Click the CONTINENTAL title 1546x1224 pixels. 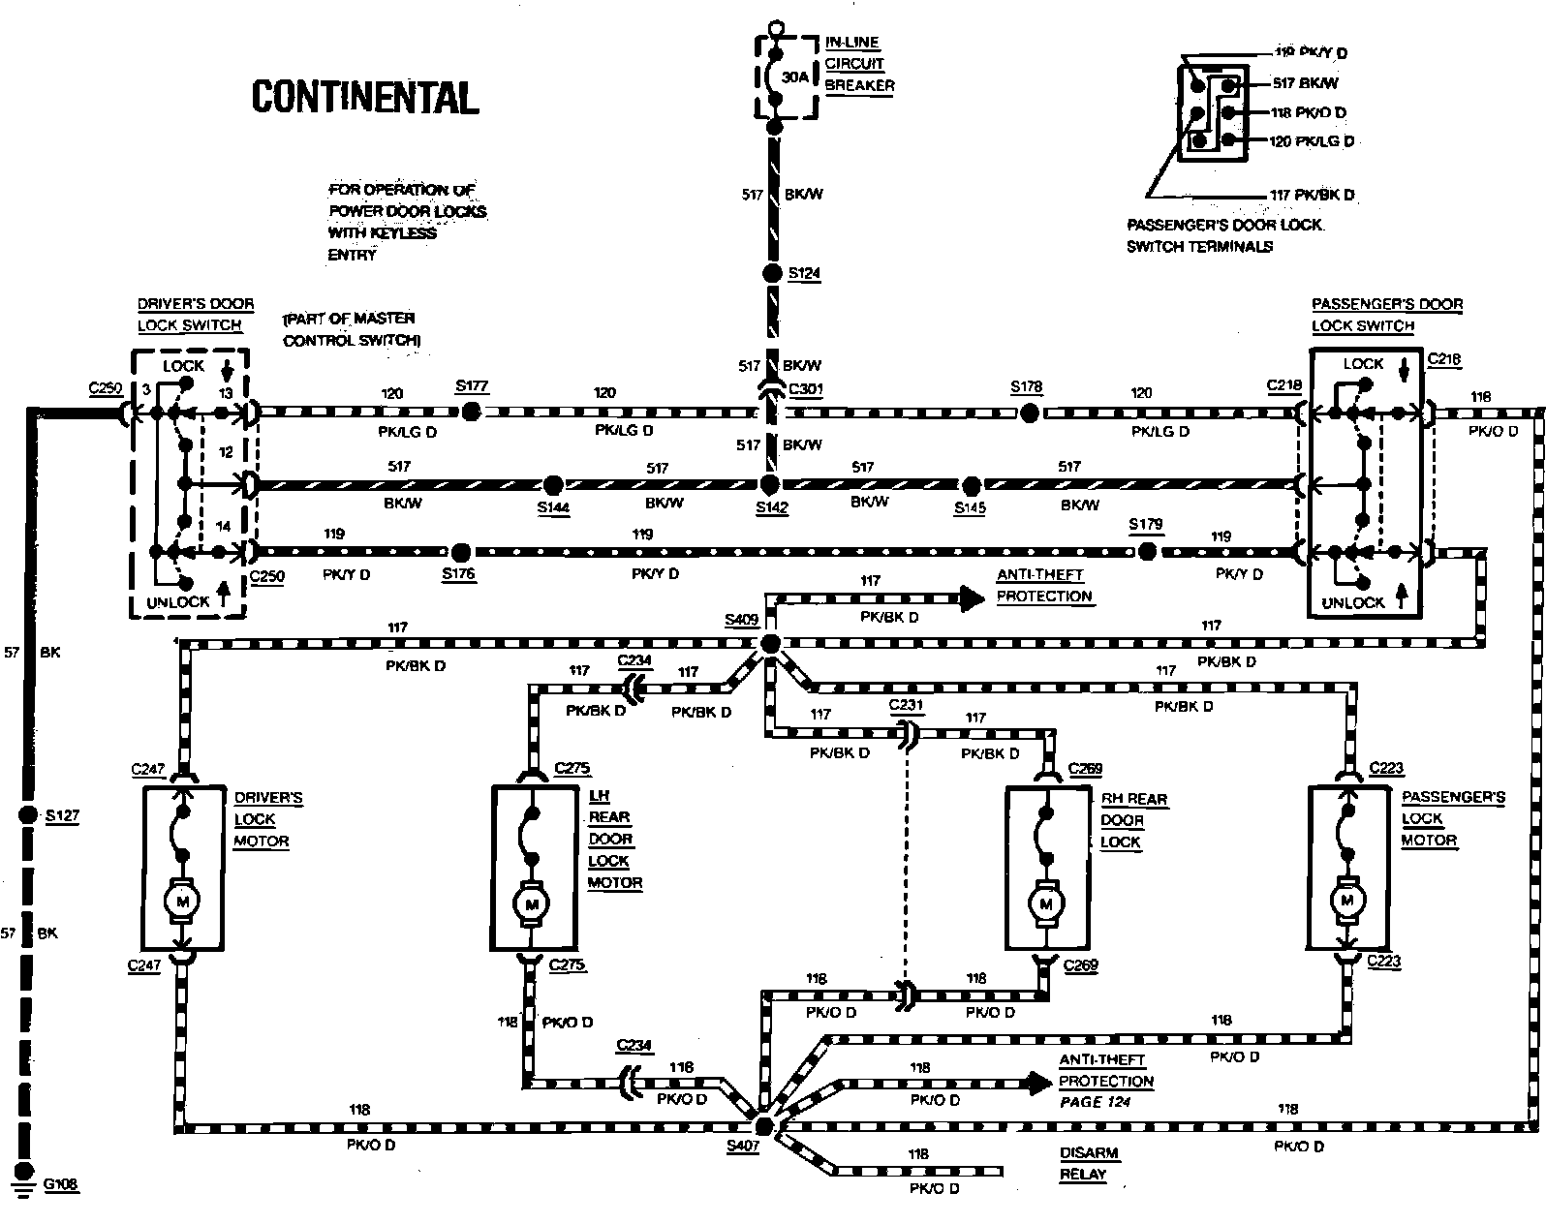tap(364, 98)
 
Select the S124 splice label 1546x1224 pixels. tap(804, 273)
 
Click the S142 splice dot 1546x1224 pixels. tap(770, 484)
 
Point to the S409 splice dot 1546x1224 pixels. tap(770, 644)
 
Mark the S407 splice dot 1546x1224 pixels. tap(763, 1126)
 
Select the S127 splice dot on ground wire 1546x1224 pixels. tap(28, 815)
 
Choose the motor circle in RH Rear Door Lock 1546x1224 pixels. tap(1044, 903)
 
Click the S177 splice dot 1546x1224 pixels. tap(471, 412)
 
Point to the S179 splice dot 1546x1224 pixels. tap(1147, 552)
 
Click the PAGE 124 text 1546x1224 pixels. tap(1095, 1102)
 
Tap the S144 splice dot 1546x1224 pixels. tap(553, 484)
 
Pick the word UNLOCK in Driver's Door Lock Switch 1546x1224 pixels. tap(177, 601)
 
